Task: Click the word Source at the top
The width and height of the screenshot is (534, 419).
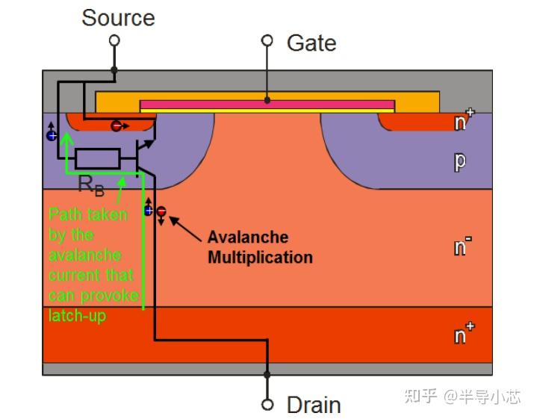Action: (118, 17)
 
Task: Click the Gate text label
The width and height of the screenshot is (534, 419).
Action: (311, 43)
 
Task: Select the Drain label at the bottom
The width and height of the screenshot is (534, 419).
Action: (314, 405)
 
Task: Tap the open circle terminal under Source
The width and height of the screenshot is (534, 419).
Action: (114, 41)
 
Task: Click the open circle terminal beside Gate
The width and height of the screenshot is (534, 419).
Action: (267, 41)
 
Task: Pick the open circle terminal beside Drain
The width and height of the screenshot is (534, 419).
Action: (267, 404)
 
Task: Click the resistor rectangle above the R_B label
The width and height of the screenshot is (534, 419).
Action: (98, 158)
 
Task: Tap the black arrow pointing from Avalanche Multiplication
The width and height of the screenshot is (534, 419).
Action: (187, 229)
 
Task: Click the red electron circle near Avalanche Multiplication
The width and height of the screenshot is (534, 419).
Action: (161, 212)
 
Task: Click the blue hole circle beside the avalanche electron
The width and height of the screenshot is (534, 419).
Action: (149, 211)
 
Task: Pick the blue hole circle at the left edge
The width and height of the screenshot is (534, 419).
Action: (52, 135)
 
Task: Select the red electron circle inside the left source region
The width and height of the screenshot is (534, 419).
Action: (117, 126)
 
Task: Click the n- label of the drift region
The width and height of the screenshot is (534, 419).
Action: (464, 246)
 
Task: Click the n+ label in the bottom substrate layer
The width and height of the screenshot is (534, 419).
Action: (464, 335)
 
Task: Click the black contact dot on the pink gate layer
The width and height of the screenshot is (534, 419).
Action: (267, 99)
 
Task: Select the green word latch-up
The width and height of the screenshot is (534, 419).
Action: (78, 316)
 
